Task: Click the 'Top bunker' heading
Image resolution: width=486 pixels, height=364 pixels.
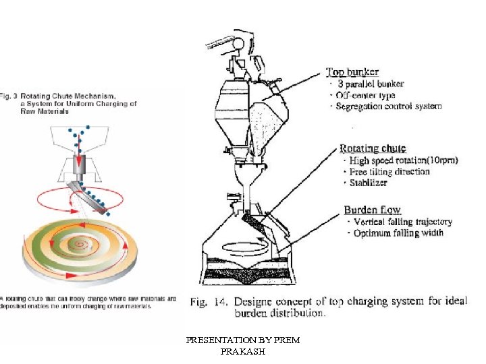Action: pyautogui.click(x=352, y=71)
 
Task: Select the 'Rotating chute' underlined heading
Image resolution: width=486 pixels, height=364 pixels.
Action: pyautogui.click(x=372, y=148)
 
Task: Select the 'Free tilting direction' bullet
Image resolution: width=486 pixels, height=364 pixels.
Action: pyautogui.click(x=389, y=171)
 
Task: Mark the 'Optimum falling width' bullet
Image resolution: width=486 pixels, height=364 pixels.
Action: pyautogui.click(x=399, y=233)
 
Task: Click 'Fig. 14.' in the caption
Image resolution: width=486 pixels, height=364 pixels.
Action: pyautogui.click(x=207, y=301)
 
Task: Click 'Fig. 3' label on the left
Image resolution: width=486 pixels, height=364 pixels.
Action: pyautogui.click(x=8, y=96)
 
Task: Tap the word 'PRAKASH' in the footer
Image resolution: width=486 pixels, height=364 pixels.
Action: pyautogui.click(x=242, y=352)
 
